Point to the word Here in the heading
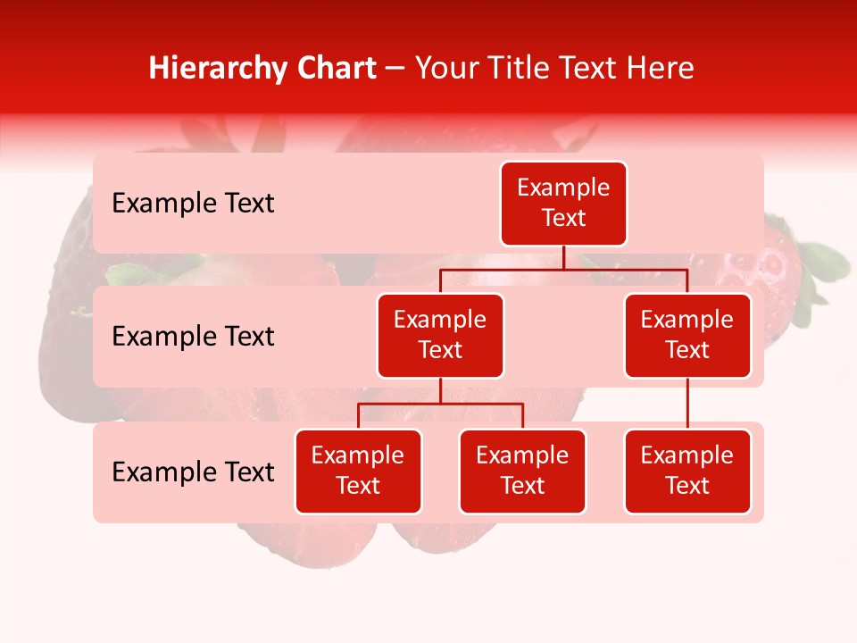(661, 68)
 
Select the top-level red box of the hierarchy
(563, 204)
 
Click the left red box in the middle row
(440, 336)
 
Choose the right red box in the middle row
(687, 336)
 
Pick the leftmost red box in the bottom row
(358, 472)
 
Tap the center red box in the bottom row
(522, 472)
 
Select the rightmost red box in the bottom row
(687, 472)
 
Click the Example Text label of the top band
(193, 204)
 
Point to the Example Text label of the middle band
(193, 337)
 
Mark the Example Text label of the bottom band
(193, 472)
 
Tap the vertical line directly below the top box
(563, 257)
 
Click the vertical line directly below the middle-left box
(440, 390)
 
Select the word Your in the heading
(445, 68)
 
